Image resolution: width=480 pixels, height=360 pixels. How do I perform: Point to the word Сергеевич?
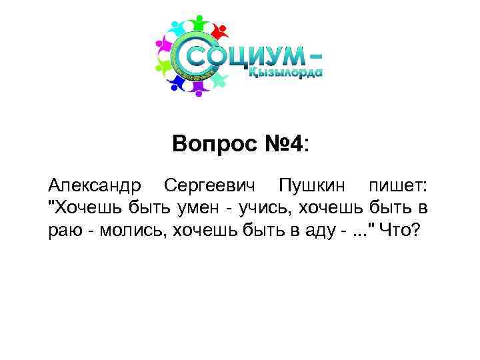pyautogui.click(x=211, y=184)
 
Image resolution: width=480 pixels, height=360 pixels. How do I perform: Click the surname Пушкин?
pyautogui.click(x=309, y=184)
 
